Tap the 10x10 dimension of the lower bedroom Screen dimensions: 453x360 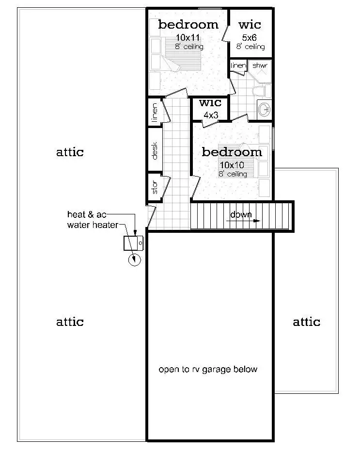[x=232, y=165]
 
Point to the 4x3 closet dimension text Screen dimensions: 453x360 [x=211, y=115]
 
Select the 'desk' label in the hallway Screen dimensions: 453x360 [x=155, y=151]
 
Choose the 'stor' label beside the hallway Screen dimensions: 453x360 [x=155, y=188]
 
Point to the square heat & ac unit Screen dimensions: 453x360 [x=133, y=243]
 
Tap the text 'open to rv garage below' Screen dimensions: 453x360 [x=208, y=370]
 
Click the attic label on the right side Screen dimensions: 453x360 [x=306, y=322]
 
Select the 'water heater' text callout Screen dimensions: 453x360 [x=92, y=225]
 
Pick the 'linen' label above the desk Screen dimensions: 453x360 [x=155, y=112]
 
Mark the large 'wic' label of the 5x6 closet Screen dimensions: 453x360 [x=250, y=24]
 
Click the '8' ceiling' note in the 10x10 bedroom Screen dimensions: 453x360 [x=232, y=174]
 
